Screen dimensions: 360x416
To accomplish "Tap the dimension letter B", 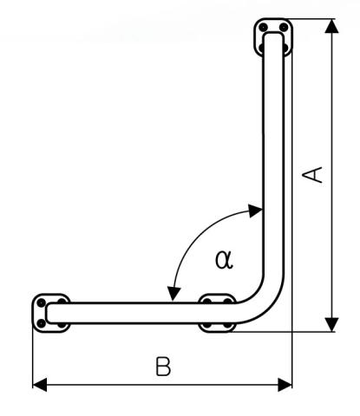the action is coord(163,367).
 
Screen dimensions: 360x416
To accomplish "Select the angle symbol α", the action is coord(224,259).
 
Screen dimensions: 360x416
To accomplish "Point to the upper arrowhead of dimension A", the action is coord(331,26).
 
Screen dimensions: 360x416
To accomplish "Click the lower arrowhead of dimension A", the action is coord(331,325).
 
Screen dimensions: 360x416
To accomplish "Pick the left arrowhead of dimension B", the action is coord(40,385).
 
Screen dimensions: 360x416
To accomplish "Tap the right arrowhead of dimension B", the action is coord(285,385).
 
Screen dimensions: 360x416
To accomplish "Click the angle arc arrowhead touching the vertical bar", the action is coord(256,211).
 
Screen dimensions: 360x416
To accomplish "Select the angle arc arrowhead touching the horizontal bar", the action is coord(173,294).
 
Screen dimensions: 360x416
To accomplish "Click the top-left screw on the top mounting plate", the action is coord(263,28).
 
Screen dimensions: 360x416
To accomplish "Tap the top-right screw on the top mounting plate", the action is coord(284,28).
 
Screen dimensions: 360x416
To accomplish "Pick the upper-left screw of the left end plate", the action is coord(41,302).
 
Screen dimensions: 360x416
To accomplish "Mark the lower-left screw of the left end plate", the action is coord(42,323).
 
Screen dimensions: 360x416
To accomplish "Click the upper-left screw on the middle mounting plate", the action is coord(207,301).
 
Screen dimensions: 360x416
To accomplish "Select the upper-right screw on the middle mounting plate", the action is coord(228,301).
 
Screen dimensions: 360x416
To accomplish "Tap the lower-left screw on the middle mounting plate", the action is coord(207,326).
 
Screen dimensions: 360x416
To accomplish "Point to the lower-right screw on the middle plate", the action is coord(228,326).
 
